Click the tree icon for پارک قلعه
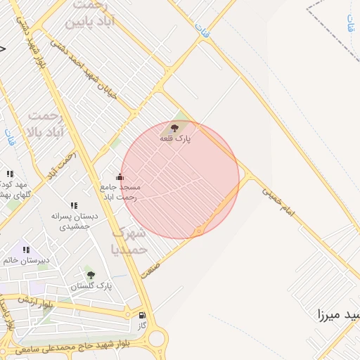[174, 128]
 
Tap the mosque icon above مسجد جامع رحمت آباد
[120, 176]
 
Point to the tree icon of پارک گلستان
[90, 275]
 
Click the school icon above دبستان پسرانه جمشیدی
[74, 205]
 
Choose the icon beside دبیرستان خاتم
[26, 250]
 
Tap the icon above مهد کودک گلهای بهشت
[10, 173]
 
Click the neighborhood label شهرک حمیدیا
[129, 240]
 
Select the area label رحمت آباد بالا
[46, 123]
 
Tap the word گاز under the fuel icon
[142, 326]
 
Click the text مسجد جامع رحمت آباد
[120, 191]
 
